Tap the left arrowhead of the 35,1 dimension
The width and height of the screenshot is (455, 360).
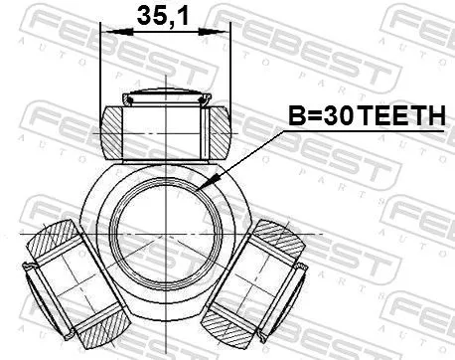click(107, 33)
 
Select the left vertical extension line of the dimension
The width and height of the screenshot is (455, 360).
click(101, 70)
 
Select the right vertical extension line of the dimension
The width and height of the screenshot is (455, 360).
click(229, 70)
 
